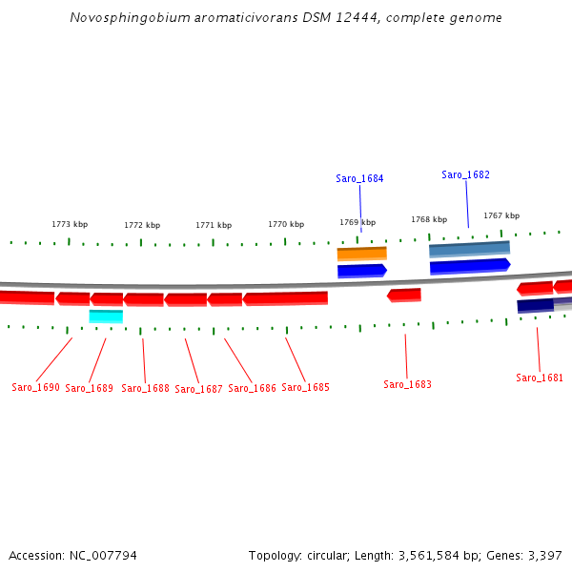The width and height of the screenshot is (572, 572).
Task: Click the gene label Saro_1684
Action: [x=359, y=178]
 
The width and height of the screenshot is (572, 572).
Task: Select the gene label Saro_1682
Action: [x=465, y=174]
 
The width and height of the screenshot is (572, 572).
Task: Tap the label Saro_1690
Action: [x=35, y=388]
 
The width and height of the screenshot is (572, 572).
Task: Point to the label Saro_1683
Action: [x=407, y=384]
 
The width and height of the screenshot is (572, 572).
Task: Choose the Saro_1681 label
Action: [x=540, y=378]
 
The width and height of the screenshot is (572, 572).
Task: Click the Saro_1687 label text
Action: [x=198, y=389]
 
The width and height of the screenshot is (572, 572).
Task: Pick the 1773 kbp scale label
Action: [x=70, y=224]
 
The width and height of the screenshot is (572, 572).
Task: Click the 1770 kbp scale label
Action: [x=286, y=224]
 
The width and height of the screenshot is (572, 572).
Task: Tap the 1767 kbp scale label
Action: [x=501, y=215]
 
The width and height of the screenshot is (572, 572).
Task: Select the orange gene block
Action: [x=361, y=254]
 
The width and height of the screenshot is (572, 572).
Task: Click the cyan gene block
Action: [x=106, y=316]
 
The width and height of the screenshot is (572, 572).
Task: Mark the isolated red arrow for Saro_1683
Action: [x=404, y=295]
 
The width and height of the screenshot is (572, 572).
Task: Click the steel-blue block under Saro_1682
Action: [x=469, y=249]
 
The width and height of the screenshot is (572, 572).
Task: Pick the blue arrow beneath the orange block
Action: [x=361, y=271]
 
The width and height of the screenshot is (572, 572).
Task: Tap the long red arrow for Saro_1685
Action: [x=285, y=298]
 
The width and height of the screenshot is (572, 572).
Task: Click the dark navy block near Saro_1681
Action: [x=535, y=305]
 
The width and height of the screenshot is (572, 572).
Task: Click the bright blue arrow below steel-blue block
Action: [x=470, y=265]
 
